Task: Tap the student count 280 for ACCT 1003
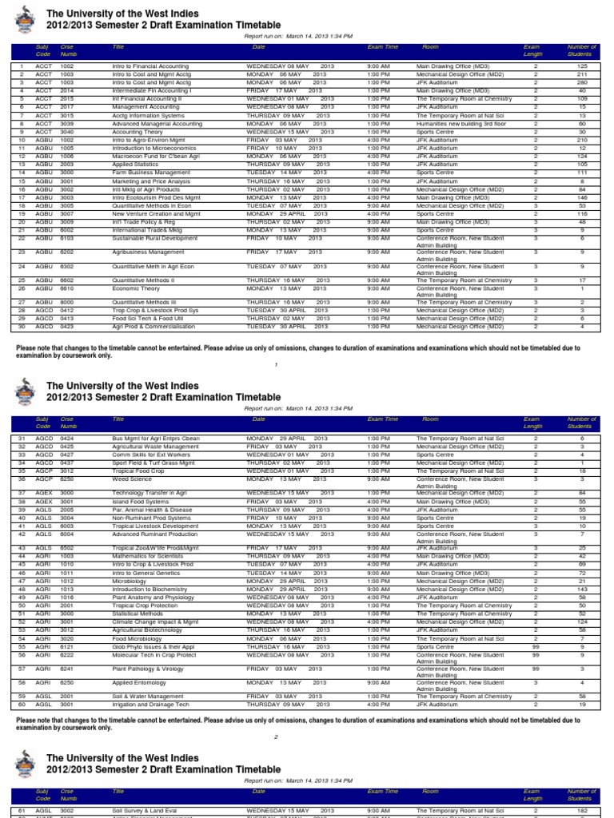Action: pos(581,82)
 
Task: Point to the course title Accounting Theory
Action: pos(137,133)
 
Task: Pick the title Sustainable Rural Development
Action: pos(155,238)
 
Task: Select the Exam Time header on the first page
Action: pos(382,47)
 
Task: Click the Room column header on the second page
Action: pos(430,419)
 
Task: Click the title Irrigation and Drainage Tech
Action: pos(150,704)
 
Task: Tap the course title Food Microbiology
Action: pos(138,639)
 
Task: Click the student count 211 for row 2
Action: pos(581,74)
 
